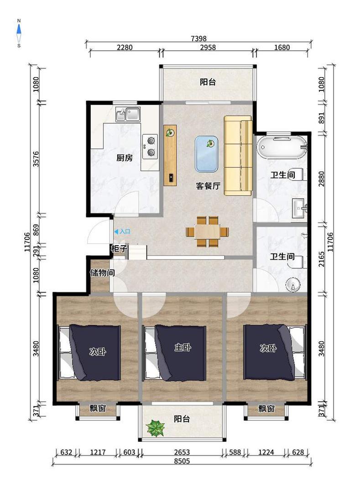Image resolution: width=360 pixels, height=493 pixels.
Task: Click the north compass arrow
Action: (19, 29)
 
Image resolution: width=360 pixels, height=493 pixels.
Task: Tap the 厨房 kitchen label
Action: (125, 157)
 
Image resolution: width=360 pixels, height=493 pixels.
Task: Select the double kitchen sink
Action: (128, 114)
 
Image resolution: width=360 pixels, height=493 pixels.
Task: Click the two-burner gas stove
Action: (150, 146)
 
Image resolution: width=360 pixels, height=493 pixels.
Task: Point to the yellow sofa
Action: (238, 155)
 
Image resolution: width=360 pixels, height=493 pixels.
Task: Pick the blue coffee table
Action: (206, 154)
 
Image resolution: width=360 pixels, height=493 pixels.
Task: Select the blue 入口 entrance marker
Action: (122, 232)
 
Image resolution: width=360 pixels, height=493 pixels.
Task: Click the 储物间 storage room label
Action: (102, 273)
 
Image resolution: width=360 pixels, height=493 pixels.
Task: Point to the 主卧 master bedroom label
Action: (183, 347)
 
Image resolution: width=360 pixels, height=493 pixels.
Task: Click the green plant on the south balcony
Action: (155, 428)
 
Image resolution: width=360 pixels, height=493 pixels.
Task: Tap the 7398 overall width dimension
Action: (198, 38)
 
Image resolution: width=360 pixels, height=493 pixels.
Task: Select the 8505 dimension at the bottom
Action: (182, 461)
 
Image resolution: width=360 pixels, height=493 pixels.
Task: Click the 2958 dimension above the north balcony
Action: (208, 47)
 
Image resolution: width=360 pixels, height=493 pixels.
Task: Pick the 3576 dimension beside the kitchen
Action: (36, 159)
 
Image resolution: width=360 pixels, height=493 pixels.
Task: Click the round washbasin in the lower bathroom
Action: (293, 285)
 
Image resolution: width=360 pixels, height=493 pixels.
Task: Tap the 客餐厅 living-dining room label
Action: (208, 186)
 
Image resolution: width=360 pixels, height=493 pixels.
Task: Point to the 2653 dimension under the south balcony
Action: (182, 452)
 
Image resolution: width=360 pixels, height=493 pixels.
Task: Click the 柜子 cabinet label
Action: (119, 249)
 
